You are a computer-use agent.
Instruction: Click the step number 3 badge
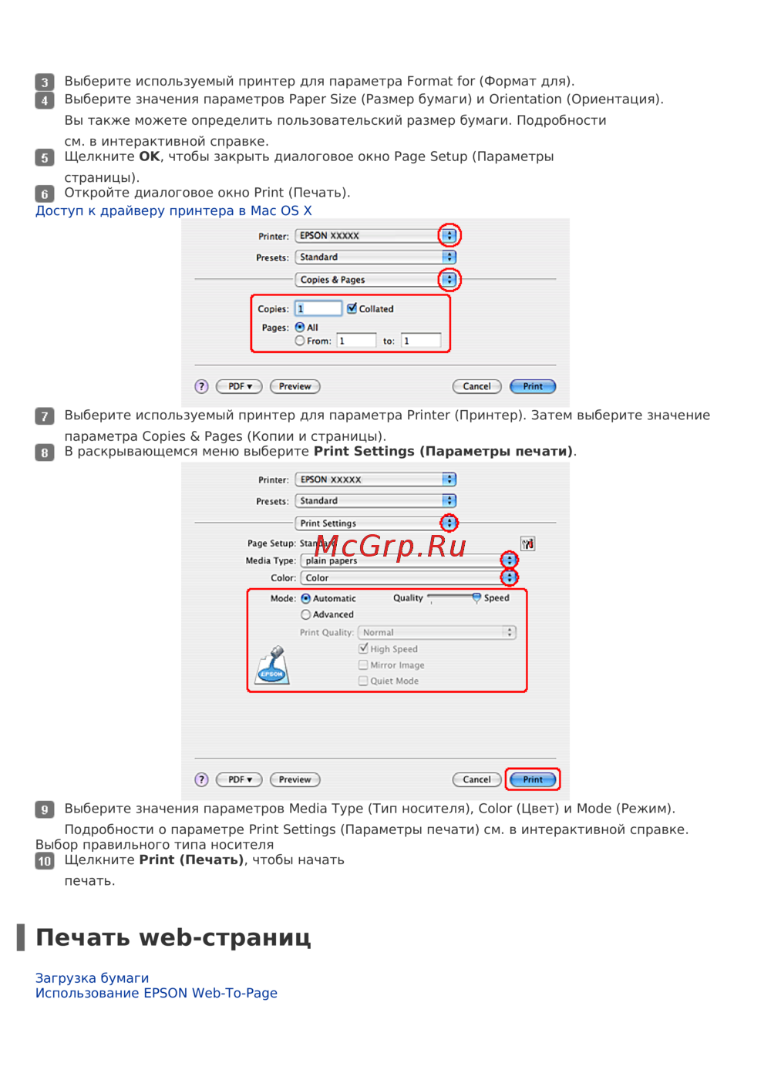(x=44, y=81)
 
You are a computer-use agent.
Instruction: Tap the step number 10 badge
(x=44, y=861)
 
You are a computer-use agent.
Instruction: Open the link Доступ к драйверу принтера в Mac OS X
(x=173, y=210)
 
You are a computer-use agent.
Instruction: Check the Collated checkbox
(x=352, y=308)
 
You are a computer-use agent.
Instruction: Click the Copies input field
(x=318, y=308)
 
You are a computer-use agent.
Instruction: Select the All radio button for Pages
(x=300, y=327)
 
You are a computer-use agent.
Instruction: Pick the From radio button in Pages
(x=300, y=341)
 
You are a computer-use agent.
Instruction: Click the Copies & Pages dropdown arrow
(x=449, y=279)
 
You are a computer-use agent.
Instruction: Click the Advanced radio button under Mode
(x=305, y=614)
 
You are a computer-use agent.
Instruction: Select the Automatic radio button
(x=305, y=598)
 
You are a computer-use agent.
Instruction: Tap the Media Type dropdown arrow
(x=509, y=560)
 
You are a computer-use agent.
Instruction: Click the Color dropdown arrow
(x=509, y=577)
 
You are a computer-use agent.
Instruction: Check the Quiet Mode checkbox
(x=362, y=681)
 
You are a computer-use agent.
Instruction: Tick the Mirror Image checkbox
(x=362, y=664)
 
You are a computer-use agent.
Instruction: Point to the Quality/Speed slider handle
(x=476, y=598)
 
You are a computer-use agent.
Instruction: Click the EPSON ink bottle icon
(x=272, y=665)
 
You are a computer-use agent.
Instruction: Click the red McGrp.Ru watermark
(x=390, y=547)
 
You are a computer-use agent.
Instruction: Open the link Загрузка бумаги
(x=92, y=978)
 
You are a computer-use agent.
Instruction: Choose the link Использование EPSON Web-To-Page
(x=157, y=993)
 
